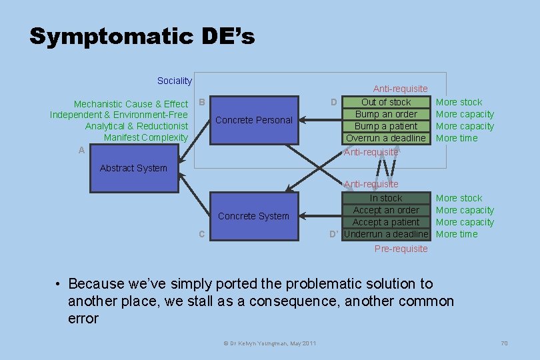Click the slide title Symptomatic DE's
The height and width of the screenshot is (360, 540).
point(142,36)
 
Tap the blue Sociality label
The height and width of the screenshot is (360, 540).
point(174,81)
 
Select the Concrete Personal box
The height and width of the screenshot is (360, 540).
point(254,120)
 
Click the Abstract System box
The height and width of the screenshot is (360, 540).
point(133,169)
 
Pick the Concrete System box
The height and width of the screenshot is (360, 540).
point(253,216)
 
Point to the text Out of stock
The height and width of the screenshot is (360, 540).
point(386,102)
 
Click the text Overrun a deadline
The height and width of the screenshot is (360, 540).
point(386,138)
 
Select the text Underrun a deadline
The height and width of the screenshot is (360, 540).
point(386,234)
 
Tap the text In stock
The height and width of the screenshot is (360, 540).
point(386,198)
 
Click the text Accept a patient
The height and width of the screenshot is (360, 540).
point(386,222)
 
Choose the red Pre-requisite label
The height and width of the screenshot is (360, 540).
point(401,249)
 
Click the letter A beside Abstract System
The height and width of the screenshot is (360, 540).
point(81,151)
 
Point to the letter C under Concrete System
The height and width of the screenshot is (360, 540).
point(201,234)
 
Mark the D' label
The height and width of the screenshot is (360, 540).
point(335,234)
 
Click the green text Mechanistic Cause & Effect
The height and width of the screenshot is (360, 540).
point(131,104)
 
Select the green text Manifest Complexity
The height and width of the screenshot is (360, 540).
point(146,138)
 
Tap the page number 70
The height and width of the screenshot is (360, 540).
point(504,343)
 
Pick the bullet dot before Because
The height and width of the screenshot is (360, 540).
point(59,285)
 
